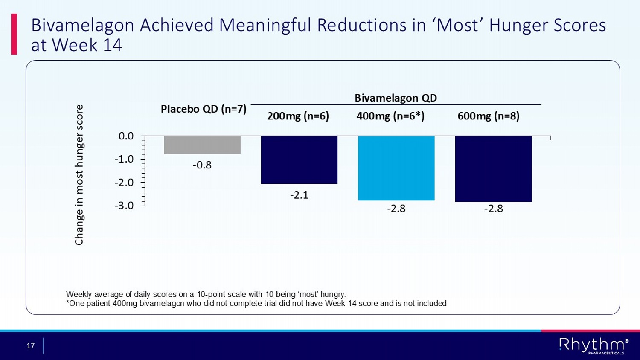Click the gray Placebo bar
[202, 145]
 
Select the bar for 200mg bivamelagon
[299, 160]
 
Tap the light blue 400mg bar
[396, 168]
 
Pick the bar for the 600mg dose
[493, 169]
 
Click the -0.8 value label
[202, 165]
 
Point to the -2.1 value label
[299, 195]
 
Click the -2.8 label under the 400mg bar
[396, 209]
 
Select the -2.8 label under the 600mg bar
[493, 209]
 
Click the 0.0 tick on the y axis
[126, 136]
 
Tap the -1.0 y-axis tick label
[124, 159]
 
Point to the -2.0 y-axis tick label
[124, 183]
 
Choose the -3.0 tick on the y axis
[124, 206]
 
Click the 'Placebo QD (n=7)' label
[204, 109]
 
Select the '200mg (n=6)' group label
[298, 116]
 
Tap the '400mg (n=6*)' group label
[390, 116]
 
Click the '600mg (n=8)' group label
[488, 116]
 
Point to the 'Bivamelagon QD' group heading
[396, 98]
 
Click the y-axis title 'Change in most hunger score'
[79, 175]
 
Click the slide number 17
[31, 345]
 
